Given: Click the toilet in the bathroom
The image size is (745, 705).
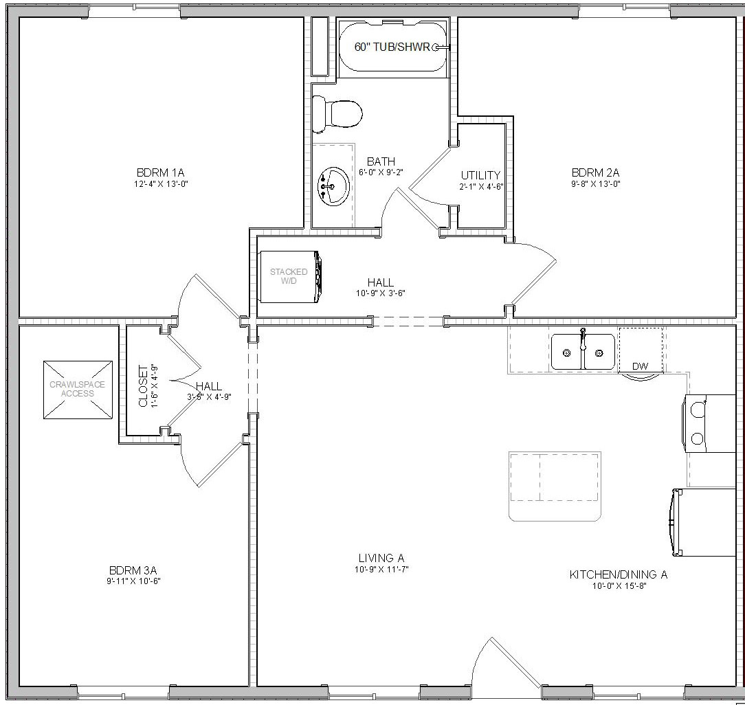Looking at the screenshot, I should click(x=337, y=114).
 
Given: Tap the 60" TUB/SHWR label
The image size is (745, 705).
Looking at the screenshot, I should click(x=391, y=47).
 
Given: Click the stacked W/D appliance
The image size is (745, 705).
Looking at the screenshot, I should click(x=289, y=276).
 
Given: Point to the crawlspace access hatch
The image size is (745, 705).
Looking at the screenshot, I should click(x=77, y=389).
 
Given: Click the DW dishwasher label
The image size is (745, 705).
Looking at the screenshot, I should click(x=640, y=366).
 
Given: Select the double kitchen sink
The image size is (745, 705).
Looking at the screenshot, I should click(x=583, y=352).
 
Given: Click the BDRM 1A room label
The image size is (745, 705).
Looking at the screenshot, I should click(x=161, y=172).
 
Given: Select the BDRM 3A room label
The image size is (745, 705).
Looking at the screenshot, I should click(x=133, y=570).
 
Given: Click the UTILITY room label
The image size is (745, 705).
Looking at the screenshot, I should click(x=480, y=175).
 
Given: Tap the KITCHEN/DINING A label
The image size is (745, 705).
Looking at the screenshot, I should click(x=618, y=574).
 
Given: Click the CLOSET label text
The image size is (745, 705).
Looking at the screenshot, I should click(x=144, y=385).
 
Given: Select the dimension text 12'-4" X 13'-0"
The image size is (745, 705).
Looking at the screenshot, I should click(x=161, y=183).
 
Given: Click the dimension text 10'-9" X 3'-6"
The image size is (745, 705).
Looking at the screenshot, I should click(x=381, y=293).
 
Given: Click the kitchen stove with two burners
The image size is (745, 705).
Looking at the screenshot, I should click(x=708, y=423).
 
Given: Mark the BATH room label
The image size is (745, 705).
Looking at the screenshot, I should click(x=380, y=161).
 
